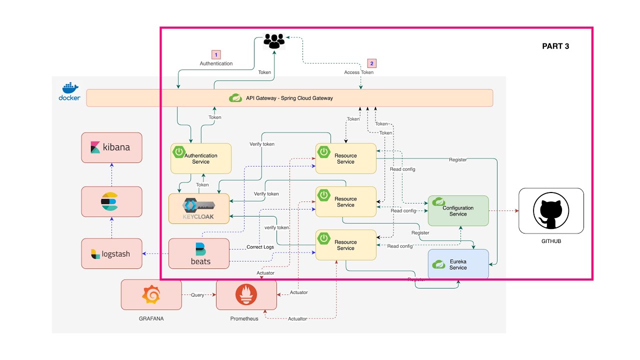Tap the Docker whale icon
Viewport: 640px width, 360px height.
pyautogui.click(x=69, y=87)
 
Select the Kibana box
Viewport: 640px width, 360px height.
pyautogui.click(x=111, y=147)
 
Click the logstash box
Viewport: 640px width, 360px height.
pyautogui.click(x=111, y=253)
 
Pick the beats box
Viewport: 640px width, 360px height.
pyautogui.click(x=199, y=253)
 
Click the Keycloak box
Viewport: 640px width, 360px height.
pyautogui.click(x=199, y=208)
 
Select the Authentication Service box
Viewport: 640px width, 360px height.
pyautogui.click(x=201, y=158)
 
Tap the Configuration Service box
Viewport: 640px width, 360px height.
pyautogui.click(x=458, y=210)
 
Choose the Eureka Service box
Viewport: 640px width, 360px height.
pyautogui.click(x=458, y=264)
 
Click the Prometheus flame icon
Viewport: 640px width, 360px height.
pyautogui.click(x=246, y=295)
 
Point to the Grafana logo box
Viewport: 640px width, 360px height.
pyautogui.click(x=151, y=294)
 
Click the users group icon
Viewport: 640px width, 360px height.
pyautogui.click(x=273, y=41)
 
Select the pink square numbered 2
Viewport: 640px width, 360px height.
pyautogui.click(x=371, y=63)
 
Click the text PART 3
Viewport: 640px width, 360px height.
pyautogui.click(x=555, y=46)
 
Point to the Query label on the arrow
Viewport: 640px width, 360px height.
pyautogui.click(x=198, y=295)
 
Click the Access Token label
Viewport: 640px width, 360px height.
pyautogui.click(x=358, y=72)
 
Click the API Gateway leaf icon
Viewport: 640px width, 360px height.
pyautogui.click(x=235, y=98)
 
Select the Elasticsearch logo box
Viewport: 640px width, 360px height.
pyautogui.click(x=111, y=201)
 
